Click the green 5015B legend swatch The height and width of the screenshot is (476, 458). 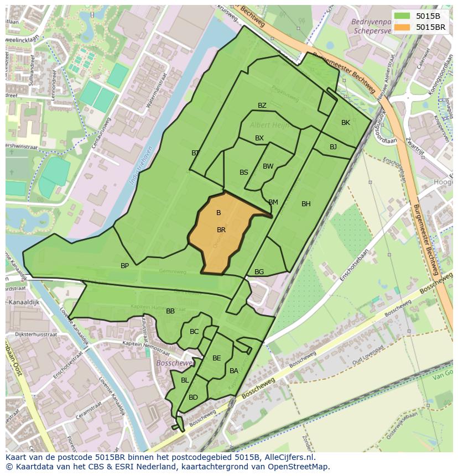click(403, 16)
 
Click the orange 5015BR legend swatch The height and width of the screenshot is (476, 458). click(403, 27)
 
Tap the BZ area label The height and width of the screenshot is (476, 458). click(262, 106)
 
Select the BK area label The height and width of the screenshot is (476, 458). click(346, 123)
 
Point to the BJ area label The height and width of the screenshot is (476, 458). click(333, 147)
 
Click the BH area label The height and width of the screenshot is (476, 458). click(306, 204)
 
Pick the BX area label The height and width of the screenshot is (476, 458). click(259, 138)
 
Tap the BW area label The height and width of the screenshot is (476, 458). click(268, 166)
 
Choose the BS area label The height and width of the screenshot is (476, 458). click(244, 172)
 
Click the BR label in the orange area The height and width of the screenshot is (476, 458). click(221, 230)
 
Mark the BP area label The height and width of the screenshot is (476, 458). click(125, 266)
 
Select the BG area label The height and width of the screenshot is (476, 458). click(259, 272)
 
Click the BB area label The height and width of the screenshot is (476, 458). click(170, 311)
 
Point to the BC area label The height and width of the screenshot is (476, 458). click(194, 332)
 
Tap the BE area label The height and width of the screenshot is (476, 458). click(217, 358)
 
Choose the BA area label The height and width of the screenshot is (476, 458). click(234, 371)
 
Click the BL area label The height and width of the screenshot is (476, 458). click(185, 380)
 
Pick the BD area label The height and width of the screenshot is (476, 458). click(193, 397)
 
